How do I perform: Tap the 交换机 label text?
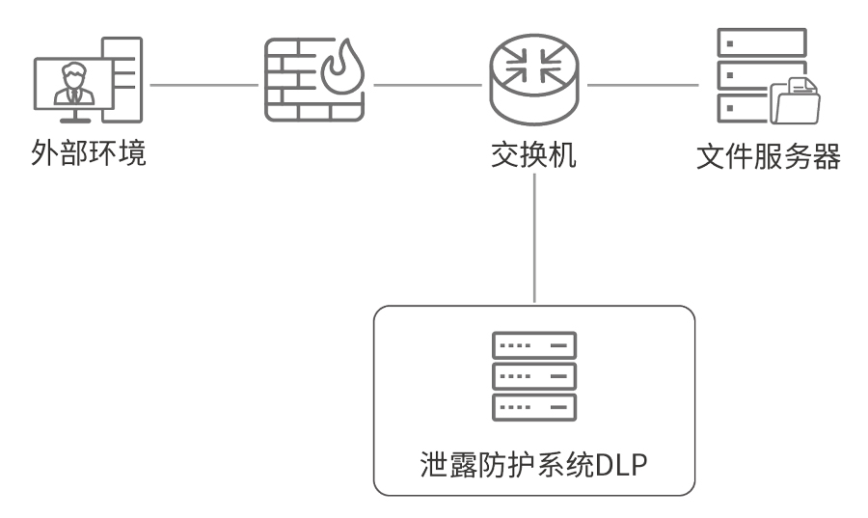(x=533, y=154)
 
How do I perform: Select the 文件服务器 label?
(x=768, y=154)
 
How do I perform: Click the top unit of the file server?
(x=761, y=42)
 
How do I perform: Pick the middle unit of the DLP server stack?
(x=533, y=375)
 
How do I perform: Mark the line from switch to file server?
(x=642, y=84)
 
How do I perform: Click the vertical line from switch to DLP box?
(x=533, y=241)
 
